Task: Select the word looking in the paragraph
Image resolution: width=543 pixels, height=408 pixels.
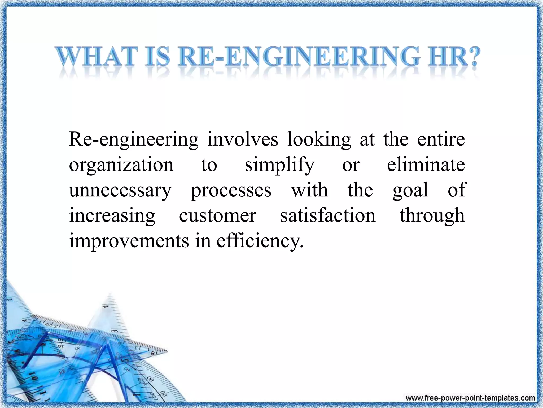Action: click(319, 140)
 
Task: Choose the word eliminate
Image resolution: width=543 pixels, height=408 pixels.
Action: click(426, 165)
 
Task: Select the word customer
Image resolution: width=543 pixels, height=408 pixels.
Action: click(217, 216)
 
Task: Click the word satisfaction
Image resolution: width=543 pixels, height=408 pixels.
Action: click(328, 215)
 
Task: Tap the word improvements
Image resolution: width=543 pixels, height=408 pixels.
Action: click(129, 241)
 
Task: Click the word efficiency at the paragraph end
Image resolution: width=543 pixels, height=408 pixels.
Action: click(260, 241)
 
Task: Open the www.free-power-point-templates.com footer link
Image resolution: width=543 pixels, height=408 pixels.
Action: click(470, 398)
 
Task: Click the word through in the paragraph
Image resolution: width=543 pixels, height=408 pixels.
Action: click(432, 216)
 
